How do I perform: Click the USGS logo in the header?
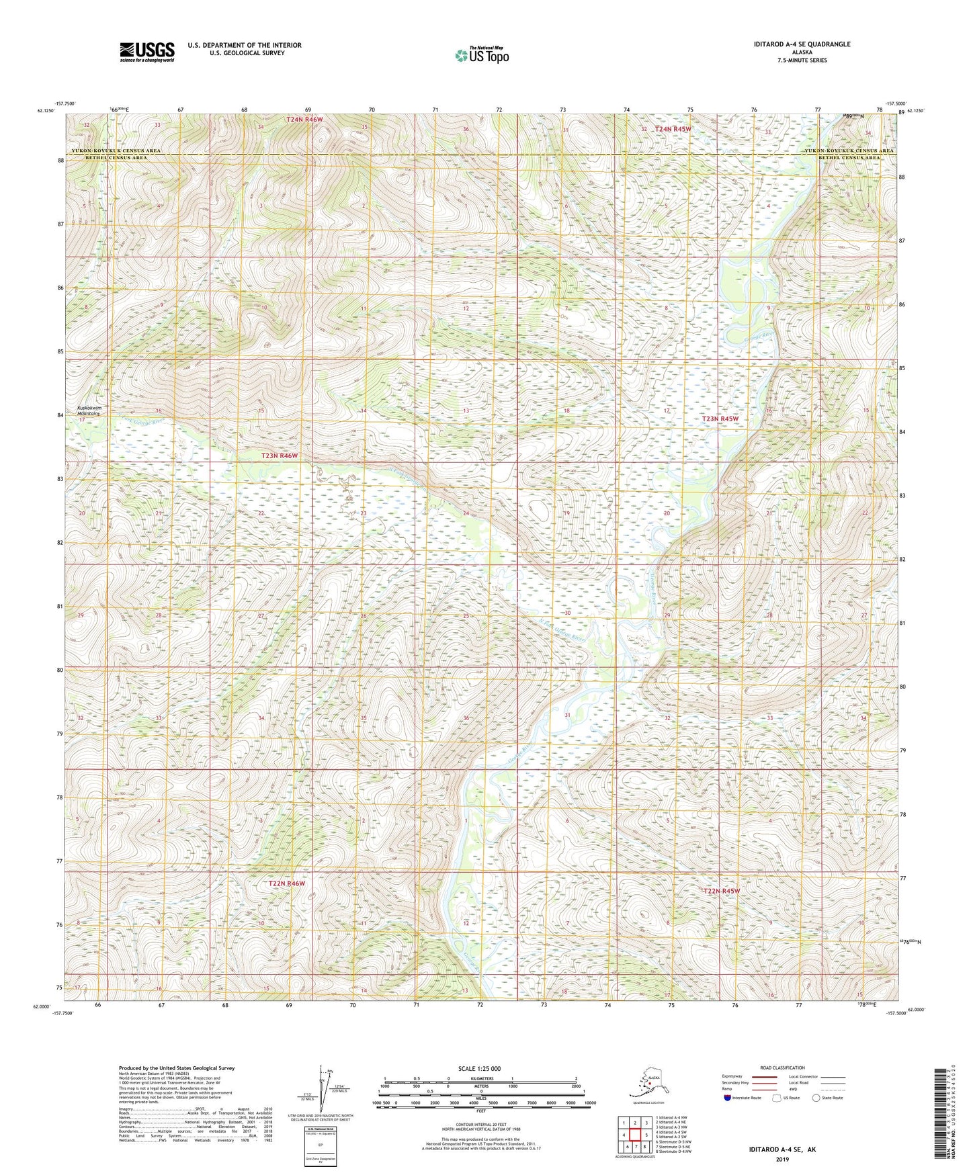(146, 52)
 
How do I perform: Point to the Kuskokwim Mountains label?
(88, 410)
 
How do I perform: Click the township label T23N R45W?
(720, 419)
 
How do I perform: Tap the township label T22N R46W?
(286, 883)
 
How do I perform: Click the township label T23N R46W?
(279, 455)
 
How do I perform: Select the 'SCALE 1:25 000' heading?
(480, 1068)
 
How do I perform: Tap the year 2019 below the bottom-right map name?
(782, 1160)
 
